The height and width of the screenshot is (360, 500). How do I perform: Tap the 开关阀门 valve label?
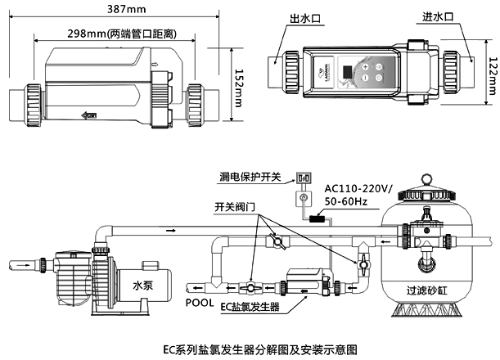pos(238,207)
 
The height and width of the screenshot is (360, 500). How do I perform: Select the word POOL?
pos(199,302)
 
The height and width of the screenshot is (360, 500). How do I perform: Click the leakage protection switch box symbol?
pos(304,176)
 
